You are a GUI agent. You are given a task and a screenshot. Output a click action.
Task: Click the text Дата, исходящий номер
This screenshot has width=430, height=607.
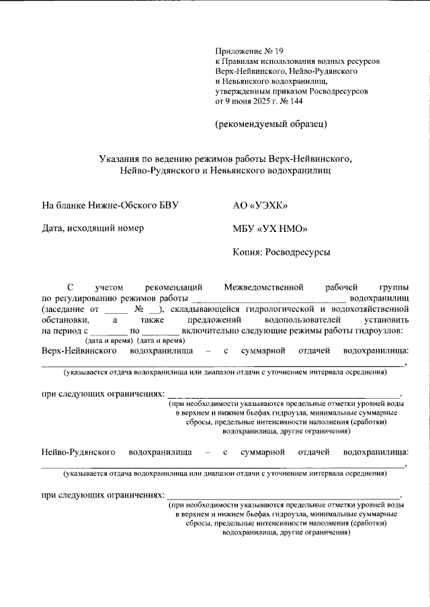point(93,229)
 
